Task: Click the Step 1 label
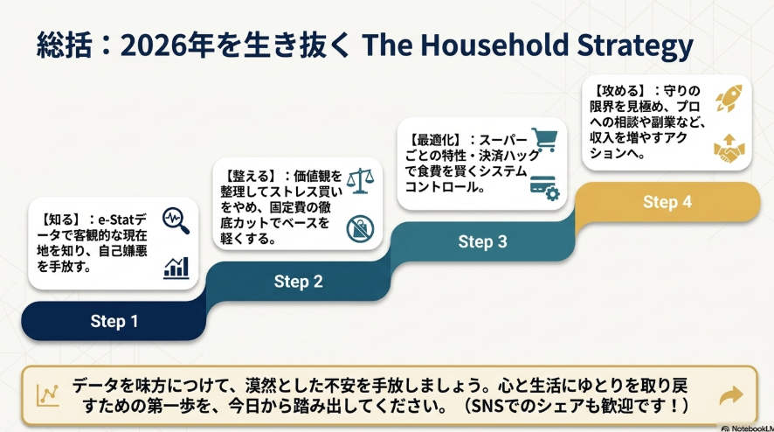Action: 114,321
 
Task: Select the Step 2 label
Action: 298,282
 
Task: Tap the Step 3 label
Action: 482,241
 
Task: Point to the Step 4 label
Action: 667,202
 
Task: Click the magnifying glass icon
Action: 176,220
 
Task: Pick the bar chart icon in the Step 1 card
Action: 176,268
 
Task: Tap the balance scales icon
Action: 360,180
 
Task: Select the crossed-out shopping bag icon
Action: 360,228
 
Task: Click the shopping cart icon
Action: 544,140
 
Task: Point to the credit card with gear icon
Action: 545,188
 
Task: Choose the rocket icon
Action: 729,98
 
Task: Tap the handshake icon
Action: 729,149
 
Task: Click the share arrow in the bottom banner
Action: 731,395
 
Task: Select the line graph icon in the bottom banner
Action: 48,395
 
